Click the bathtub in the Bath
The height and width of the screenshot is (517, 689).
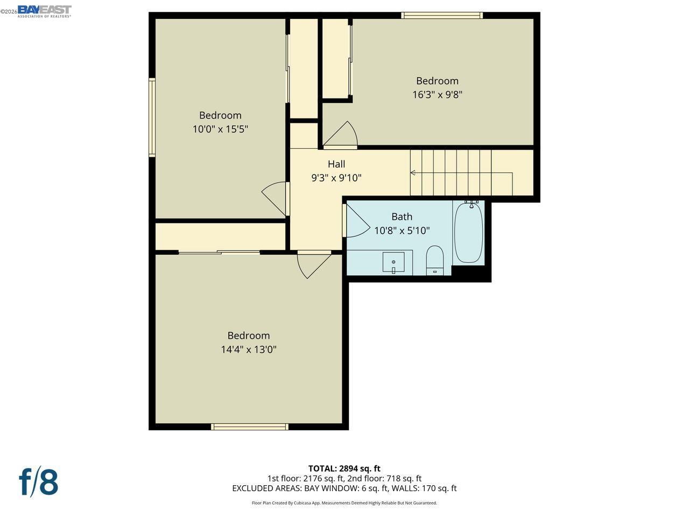pyautogui.click(x=468, y=233)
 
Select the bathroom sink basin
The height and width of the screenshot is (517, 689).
pyautogui.click(x=393, y=263)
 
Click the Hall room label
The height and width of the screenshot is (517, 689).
pyautogui.click(x=336, y=164)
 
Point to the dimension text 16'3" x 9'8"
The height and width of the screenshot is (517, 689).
pyautogui.click(x=437, y=95)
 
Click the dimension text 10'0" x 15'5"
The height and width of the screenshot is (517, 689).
pyautogui.click(x=220, y=129)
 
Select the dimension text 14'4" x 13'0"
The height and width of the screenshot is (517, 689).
pyautogui.click(x=249, y=350)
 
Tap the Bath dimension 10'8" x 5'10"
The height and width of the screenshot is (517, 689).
pyautogui.click(x=402, y=231)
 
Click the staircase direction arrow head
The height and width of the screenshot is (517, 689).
pyautogui.click(x=413, y=173)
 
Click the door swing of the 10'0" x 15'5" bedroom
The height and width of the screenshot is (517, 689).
pyautogui.click(x=276, y=197)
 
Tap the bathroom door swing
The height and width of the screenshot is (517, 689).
pyautogui.click(x=355, y=221)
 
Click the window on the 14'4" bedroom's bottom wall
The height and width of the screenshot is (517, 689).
pyautogui.click(x=249, y=427)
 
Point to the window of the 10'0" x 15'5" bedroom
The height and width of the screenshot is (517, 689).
pyautogui.click(x=152, y=117)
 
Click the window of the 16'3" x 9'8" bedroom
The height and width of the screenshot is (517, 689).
pyautogui.click(x=441, y=16)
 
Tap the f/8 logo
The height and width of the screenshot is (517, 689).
pyautogui.click(x=39, y=481)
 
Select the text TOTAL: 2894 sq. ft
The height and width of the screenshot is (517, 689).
pyautogui.click(x=344, y=469)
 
